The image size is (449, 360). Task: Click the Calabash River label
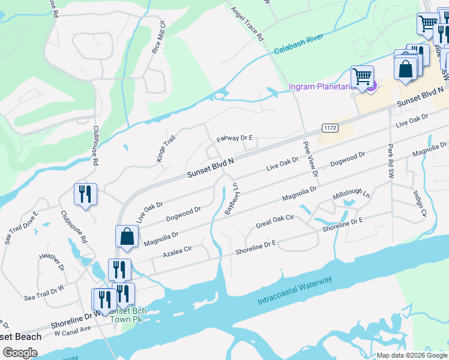click(299, 45)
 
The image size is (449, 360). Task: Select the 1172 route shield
click(330, 128)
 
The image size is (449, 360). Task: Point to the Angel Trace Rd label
click(247, 24)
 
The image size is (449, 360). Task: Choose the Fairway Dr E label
click(234, 138)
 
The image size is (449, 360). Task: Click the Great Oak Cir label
click(274, 221)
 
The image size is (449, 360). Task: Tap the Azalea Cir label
click(177, 252)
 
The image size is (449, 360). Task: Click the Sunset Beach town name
click(21, 337)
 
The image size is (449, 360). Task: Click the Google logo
click(20, 353)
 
